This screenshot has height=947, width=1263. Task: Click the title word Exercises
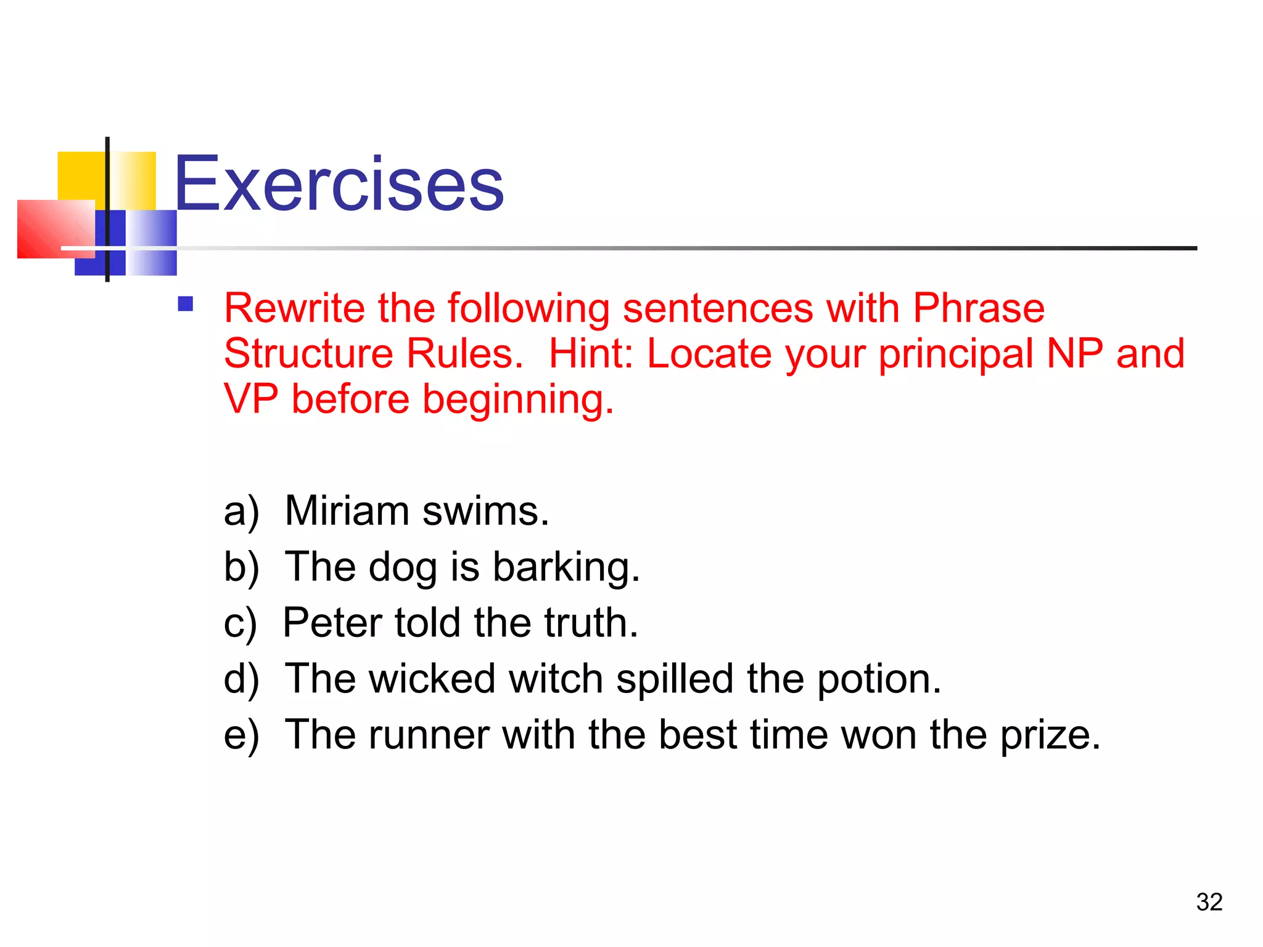click(x=339, y=184)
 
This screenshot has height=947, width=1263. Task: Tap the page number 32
click(x=1209, y=902)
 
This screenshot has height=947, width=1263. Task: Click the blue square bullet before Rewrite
click(x=186, y=304)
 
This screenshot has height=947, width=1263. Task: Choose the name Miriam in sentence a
click(x=347, y=511)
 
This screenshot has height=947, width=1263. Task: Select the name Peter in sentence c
click(x=332, y=623)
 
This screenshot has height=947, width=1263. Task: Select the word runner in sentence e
click(x=429, y=735)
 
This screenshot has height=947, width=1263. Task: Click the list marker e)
click(x=241, y=735)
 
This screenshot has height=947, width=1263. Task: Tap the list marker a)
click(x=241, y=512)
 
